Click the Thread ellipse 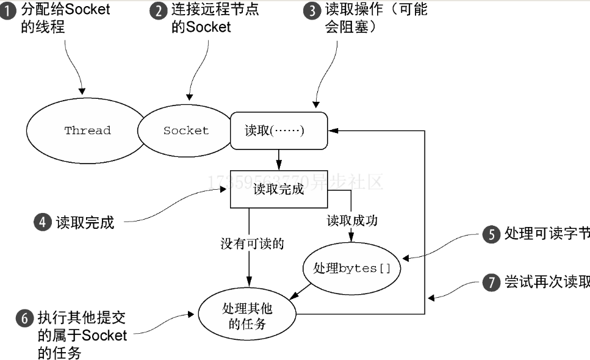coord(87,131)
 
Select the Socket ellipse coord(185,131)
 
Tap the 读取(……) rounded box coord(278,131)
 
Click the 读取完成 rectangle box coord(278,189)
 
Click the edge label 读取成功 coord(352,220)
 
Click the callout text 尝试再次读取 coord(547,283)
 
